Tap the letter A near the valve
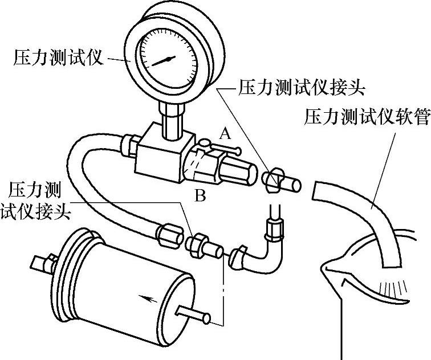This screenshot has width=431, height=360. (226, 134)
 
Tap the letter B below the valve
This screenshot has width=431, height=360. (200, 197)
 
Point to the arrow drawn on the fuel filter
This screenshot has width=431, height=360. (146, 297)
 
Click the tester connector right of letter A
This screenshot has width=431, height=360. (282, 182)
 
